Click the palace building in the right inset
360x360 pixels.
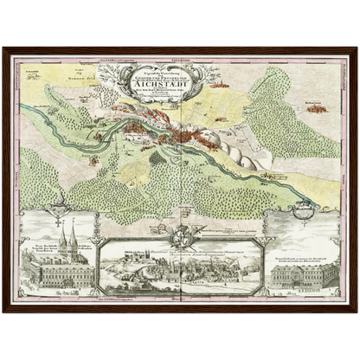coord(303,274)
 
